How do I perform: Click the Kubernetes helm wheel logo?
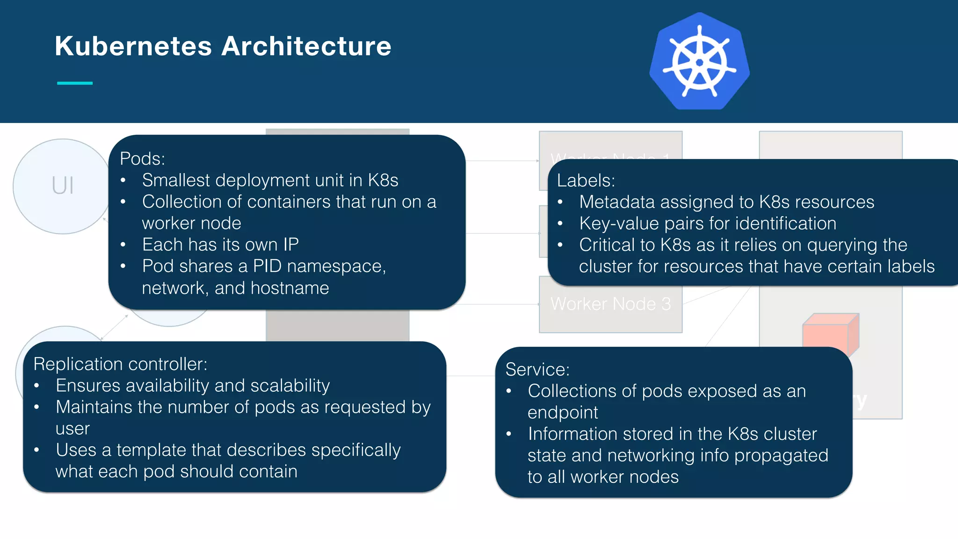coord(699,62)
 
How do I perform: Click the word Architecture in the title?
coord(306,46)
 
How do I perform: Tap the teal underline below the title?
coord(75,83)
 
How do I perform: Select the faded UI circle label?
coord(63,186)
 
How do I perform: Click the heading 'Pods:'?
coord(142,159)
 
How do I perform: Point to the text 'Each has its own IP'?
coord(220,245)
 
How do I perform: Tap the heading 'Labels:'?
coord(586,181)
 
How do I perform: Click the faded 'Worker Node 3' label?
coord(610,304)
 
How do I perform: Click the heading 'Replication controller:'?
coord(120,364)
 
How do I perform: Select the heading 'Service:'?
coord(537,370)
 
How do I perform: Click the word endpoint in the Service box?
coord(563,413)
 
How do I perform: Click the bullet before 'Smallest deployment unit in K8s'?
coord(123,181)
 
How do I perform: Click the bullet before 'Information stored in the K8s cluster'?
coord(509,434)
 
